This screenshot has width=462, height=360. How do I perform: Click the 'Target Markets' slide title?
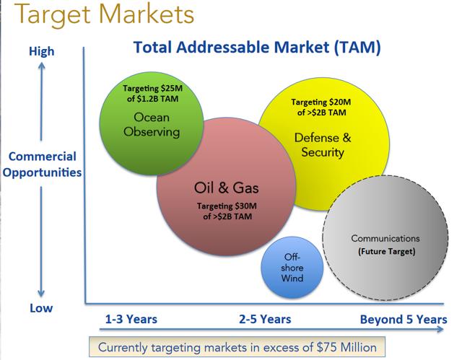pos(104,14)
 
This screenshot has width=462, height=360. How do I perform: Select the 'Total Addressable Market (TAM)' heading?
pos(257,48)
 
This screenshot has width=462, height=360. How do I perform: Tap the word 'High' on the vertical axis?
pos(42,51)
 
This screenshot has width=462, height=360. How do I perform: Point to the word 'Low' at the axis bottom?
pos(41,308)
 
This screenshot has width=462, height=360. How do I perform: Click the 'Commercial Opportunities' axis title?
pos(42,164)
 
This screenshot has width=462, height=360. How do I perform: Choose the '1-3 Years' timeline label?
pos(131,319)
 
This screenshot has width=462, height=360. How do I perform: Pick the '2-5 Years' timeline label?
pos(265,319)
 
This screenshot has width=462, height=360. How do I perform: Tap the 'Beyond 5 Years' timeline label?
pos(404,320)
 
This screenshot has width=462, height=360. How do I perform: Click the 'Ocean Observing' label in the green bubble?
pos(152,125)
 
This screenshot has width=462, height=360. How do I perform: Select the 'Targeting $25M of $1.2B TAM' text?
pos(152,93)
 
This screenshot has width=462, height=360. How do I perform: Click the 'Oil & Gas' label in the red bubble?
pos(226,188)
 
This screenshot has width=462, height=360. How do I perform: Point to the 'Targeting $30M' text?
pos(227,206)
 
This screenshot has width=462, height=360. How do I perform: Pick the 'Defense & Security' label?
pos(323,145)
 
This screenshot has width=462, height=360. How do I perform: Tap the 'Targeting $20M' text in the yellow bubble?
pos(321,102)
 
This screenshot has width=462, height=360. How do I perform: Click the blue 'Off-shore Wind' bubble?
pos(292,267)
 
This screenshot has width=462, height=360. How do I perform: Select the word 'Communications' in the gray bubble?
pos(385,238)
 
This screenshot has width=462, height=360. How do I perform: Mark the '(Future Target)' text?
pos(387,252)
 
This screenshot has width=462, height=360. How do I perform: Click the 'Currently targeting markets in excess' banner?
pos(237,347)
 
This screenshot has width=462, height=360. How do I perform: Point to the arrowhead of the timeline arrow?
pos(440,329)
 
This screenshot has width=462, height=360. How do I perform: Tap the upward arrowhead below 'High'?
pos(42,66)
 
